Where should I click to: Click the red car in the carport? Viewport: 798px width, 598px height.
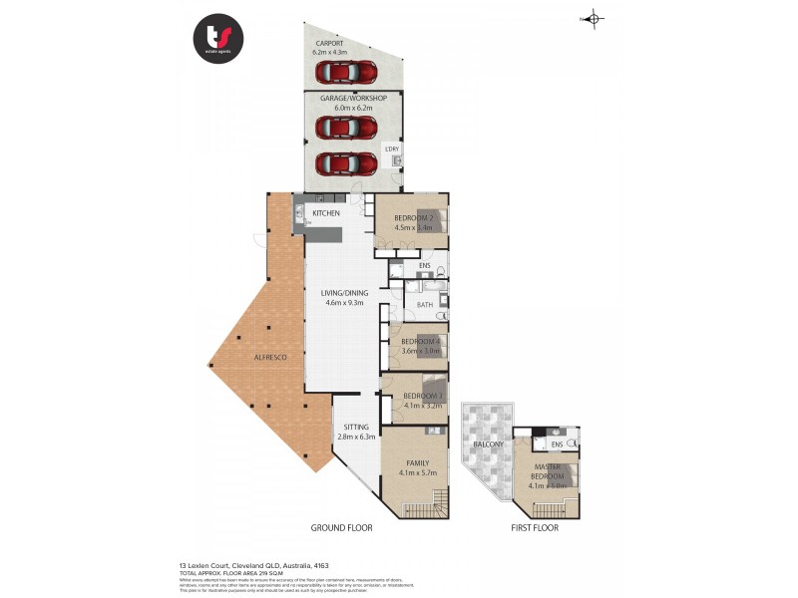pyautogui.click(x=347, y=73)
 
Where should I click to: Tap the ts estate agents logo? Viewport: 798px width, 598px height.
pyautogui.click(x=218, y=39)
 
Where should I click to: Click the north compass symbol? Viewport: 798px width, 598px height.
pyautogui.click(x=593, y=18)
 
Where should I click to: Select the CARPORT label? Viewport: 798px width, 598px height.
pyautogui.click(x=330, y=45)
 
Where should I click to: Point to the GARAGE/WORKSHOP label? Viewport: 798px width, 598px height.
pyautogui.click(x=353, y=99)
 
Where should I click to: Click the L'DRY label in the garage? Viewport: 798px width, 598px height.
pyautogui.click(x=391, y=149)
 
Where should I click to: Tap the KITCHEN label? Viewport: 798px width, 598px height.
pyautogui.click(x=326, y=213)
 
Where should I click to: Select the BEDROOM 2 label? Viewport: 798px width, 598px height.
pyautogui.click(x=413, y=217)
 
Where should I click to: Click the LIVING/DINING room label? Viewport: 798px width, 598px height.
pyautogui.click(x=344, y=293)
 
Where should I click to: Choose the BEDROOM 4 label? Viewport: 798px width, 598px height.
pyautogui.click(x=420, y=342)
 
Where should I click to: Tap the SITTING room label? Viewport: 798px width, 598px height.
pyautogui.click(x=356, y=427)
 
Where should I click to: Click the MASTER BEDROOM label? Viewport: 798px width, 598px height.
pyautogui.click(x=548, y=471)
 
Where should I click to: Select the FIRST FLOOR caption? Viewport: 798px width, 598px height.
pyautogui.click(x=534, y=527)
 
